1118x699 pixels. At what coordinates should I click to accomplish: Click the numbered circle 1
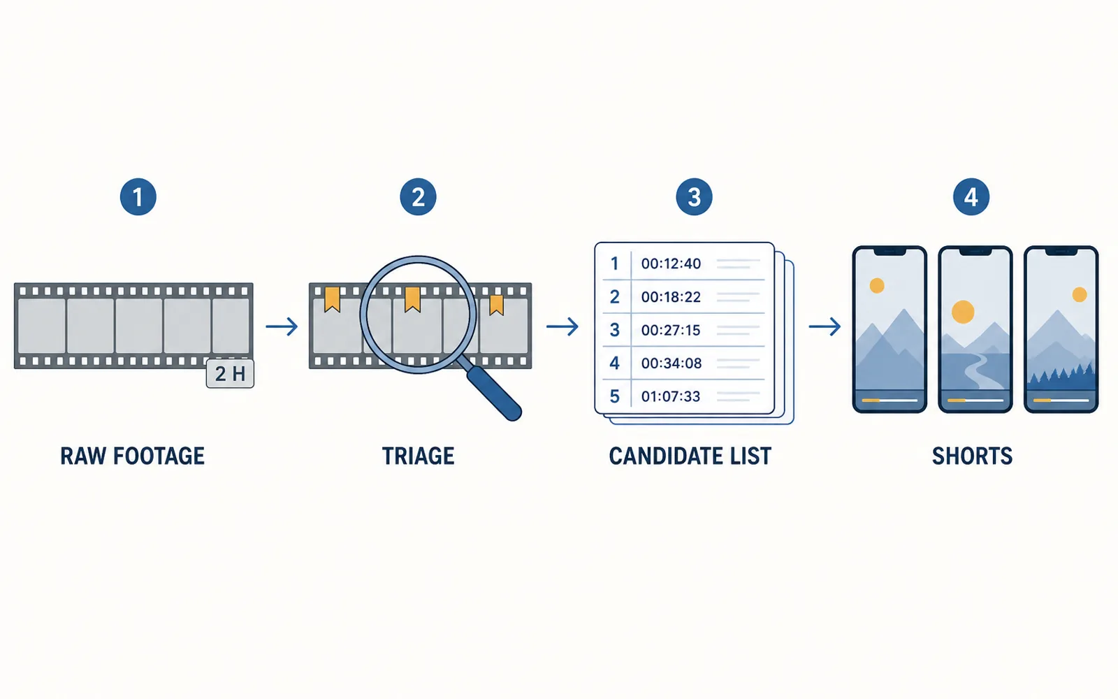point(138,196)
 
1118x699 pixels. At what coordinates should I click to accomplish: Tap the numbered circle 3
point(694,196)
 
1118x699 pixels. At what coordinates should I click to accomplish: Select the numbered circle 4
point(971,196)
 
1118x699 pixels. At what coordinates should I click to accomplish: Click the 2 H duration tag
point(230,373)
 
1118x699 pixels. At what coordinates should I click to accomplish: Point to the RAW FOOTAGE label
point(132,456)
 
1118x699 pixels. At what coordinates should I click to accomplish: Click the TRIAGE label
point(419,456)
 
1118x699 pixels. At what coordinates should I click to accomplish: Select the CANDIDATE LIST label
point(690,456)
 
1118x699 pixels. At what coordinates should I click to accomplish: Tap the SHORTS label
point(972,456)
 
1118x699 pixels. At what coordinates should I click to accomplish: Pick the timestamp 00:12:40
point(671,264)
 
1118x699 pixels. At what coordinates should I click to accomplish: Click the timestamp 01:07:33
point(671,396)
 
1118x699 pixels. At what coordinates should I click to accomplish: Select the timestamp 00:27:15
point(671,330)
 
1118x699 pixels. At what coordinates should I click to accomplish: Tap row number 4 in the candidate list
point(614,363)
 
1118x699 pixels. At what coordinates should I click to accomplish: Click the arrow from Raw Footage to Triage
point(282,326)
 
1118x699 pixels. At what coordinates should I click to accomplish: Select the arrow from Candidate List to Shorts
point(825,326)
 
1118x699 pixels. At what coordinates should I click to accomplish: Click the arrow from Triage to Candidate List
point(562,326)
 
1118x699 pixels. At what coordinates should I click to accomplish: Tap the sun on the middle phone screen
point(963,312)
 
